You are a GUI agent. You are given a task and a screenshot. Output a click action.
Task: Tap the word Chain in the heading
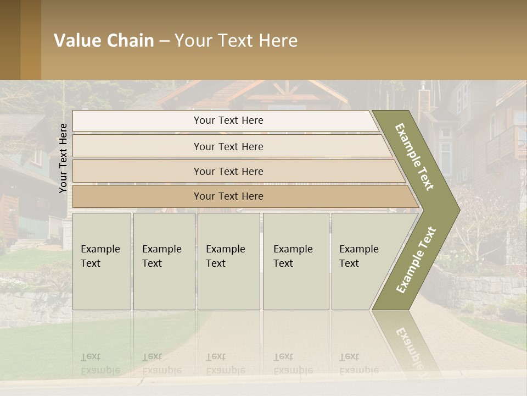coord(131,41)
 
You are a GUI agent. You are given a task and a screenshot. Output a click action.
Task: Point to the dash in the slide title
coord(164,41)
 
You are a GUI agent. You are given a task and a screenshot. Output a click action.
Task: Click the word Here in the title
coord(278,41)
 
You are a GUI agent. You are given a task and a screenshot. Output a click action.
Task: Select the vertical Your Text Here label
coord(63,158)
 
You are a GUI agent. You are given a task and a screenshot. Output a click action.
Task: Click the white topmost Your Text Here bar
coord(228,120)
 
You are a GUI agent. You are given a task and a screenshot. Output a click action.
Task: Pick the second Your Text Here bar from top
coord(228,146)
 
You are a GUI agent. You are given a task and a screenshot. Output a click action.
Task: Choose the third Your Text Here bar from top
coord(228,171)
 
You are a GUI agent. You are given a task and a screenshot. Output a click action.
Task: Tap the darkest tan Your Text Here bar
coord(228,196)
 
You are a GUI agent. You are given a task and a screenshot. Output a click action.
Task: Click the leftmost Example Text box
coord(102,261)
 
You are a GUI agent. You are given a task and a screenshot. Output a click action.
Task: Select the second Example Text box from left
coord(164,261)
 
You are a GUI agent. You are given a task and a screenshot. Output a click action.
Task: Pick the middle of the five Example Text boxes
coord(228,261)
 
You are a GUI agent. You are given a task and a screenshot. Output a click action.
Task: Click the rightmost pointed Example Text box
coord(362,261)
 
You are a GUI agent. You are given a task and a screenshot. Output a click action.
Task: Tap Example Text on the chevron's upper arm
coord(414,157)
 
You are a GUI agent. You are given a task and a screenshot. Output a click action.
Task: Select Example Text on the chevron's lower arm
coord(416,260)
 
